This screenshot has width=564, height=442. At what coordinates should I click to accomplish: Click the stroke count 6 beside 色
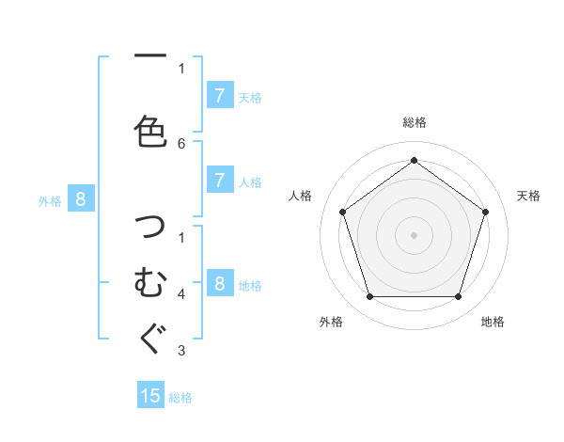[181, 143]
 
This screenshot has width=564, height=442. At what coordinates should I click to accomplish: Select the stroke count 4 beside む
[181, 294]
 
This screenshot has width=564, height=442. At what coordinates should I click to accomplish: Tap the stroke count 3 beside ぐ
[181, 351]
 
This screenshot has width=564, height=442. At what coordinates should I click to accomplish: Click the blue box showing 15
[150, 396]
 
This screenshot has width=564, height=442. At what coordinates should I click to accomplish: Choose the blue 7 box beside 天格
[219, 96]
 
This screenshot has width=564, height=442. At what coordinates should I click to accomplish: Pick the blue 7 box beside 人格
[219, 181]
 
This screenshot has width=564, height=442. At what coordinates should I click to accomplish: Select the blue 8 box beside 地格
[219, 284]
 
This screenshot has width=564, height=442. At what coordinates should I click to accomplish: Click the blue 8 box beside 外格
[81, 198]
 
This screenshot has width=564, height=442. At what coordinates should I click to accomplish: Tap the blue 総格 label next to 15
[180, 398]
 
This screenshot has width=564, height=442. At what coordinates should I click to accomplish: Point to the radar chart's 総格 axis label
[414, 122]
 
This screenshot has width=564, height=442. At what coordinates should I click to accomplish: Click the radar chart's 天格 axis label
[528, 196]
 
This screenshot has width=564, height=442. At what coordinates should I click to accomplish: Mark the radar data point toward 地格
[458, 296]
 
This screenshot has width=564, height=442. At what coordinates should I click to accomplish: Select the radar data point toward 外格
[369, 296]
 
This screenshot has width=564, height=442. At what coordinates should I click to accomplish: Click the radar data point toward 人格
[342, 212]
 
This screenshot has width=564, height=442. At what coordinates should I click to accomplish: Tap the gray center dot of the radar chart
[414, 234]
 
